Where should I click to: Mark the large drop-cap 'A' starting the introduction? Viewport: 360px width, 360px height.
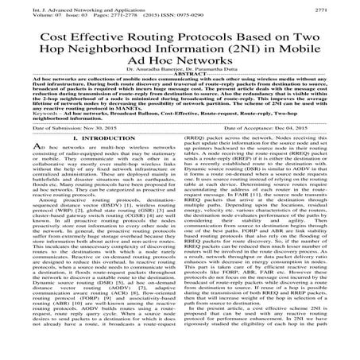[18, 195]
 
